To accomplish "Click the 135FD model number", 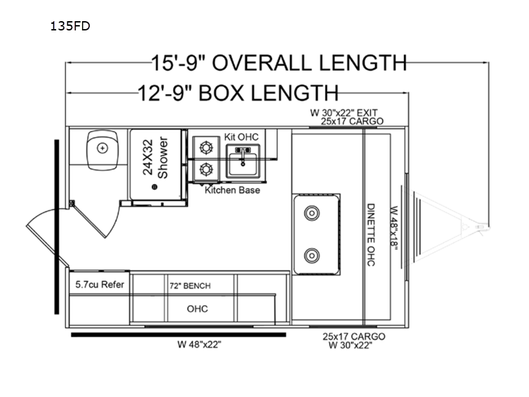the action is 70,26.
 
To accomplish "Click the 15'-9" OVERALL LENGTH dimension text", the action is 279,63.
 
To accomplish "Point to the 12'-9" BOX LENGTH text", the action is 238,93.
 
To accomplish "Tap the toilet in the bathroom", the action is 102,150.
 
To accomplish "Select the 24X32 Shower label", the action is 155,157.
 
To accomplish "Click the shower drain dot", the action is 155,187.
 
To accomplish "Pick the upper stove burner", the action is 206,148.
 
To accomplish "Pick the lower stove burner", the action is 206,169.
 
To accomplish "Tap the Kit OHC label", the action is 241,137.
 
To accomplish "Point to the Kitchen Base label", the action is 233,190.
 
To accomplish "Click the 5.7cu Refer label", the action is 100,285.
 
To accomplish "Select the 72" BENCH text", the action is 190,286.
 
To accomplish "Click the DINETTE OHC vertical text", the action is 371,235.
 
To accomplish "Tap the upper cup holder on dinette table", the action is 311,213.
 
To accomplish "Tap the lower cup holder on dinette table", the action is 311,255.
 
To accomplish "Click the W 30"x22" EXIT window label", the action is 344,112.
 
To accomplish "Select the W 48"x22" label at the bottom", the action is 200,344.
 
